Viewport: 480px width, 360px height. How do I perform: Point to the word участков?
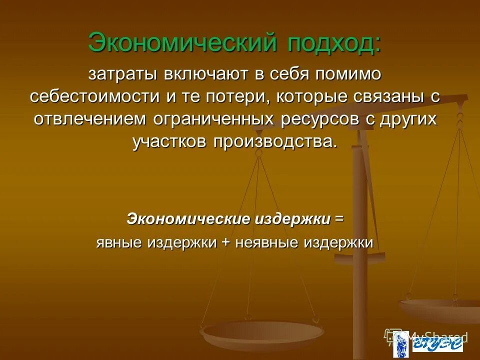170,141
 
